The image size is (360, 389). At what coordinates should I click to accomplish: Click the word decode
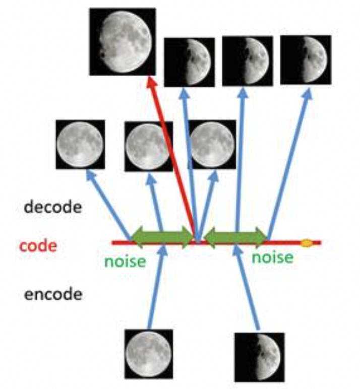[x=52, y=207]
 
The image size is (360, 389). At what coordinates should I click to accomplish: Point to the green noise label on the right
[x=272, y=257]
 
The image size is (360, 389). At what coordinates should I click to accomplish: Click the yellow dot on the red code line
[x=306, y=244]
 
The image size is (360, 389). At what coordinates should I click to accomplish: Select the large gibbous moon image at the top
[x=122, y=41]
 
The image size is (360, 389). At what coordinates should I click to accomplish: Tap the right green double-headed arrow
[x=236, y=235]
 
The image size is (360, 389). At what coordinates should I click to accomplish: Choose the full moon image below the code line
[x=148, y=353]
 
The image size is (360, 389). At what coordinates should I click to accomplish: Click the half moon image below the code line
[x=259, y=357]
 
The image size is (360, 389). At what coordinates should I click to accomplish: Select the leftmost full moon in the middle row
[x=80, y=144]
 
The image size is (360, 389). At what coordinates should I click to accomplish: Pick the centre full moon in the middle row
[x=148, y=146]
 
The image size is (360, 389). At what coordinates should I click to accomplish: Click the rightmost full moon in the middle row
[x=212, y=144]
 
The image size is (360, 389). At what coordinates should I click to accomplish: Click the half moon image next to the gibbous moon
[x=189, y=62]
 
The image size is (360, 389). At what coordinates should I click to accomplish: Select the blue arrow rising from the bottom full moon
[x=155, y=287]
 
